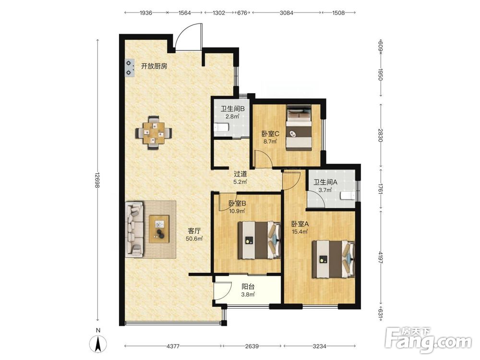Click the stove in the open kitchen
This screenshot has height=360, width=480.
pos(130,68)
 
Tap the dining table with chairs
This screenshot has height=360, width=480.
pos(154,132)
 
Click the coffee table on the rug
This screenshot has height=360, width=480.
pos(159,229)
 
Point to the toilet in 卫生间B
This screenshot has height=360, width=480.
pos(221,127)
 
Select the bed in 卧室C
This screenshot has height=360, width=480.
pos(299,128)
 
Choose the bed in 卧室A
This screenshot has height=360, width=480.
pos(334,259)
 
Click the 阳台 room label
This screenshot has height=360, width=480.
pos(248,287)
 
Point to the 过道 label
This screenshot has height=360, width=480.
pos(240,174)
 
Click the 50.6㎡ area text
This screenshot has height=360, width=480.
pos(194,239)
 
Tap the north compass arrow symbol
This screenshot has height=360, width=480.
pos(98,344)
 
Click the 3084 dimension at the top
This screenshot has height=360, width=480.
pos(287,12)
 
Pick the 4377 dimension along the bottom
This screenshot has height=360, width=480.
pos(173,346)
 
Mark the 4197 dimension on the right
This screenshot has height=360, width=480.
pos(381,258)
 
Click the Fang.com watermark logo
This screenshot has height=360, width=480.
pos(428,340)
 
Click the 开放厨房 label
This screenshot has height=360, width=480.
pos(154,66)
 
